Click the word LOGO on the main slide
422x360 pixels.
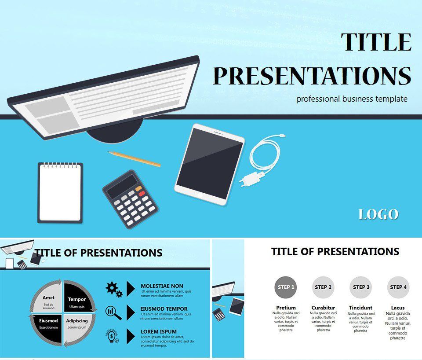378,214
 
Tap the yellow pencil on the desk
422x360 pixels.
134,159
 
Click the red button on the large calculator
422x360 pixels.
142,193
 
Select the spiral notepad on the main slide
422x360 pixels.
60,193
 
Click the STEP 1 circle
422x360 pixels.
286,287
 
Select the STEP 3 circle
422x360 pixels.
361,287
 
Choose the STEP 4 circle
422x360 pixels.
398,287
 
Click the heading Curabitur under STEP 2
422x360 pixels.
323,308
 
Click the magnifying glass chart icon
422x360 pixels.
113,312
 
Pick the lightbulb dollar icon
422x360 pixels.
112,336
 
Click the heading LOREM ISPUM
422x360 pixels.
159,332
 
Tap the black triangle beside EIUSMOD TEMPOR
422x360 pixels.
131,312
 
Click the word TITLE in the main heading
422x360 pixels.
376,42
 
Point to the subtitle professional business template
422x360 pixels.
352,99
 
